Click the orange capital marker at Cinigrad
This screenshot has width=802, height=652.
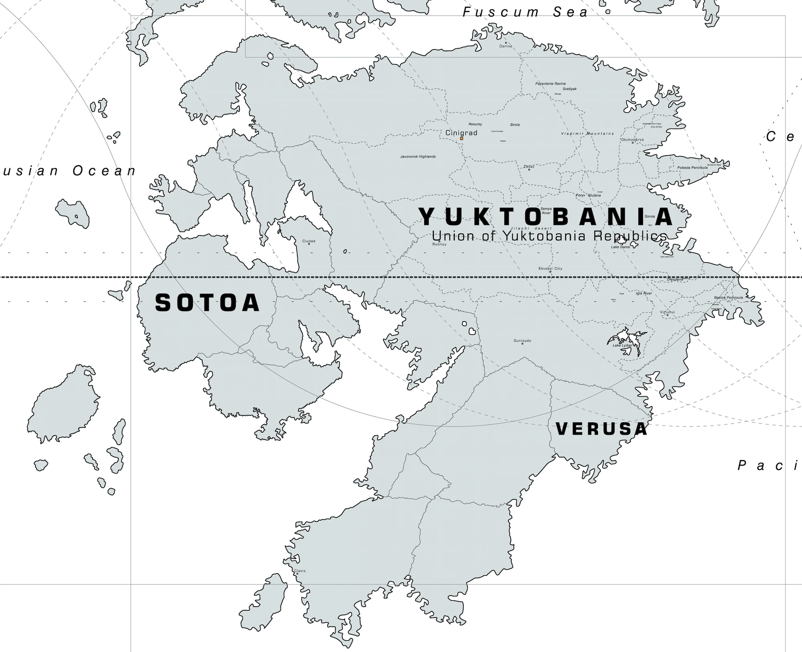tap(462, 138)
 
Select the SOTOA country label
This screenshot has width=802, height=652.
tap(207, 303)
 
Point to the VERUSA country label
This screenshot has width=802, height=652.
tap(601, 429)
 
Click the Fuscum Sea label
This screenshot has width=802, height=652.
tap(525, 12)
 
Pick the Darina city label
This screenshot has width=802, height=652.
tap(506, 46)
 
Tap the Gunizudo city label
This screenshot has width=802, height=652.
tap(522, 341)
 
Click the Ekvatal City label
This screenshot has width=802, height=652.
tap(550, 269)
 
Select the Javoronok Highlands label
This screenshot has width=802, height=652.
tap(418, 156)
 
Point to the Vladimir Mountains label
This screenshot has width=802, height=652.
tap(587, 134)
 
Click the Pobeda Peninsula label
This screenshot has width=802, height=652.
tap(693, 168)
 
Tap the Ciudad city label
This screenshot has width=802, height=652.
tap(309, 241)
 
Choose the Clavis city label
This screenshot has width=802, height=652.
tap(300, 571)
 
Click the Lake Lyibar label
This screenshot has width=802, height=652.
tap(622, 345)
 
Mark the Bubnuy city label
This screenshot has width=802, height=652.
tap(439, 244)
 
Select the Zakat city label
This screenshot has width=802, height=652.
tap(529, 166)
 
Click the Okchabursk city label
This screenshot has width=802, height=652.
tap(632, 140)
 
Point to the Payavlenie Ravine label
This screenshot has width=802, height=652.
tap(550, 84)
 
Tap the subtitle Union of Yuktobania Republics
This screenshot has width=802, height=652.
tap(549, 236)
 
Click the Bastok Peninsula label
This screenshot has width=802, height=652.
tap(728, 298)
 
